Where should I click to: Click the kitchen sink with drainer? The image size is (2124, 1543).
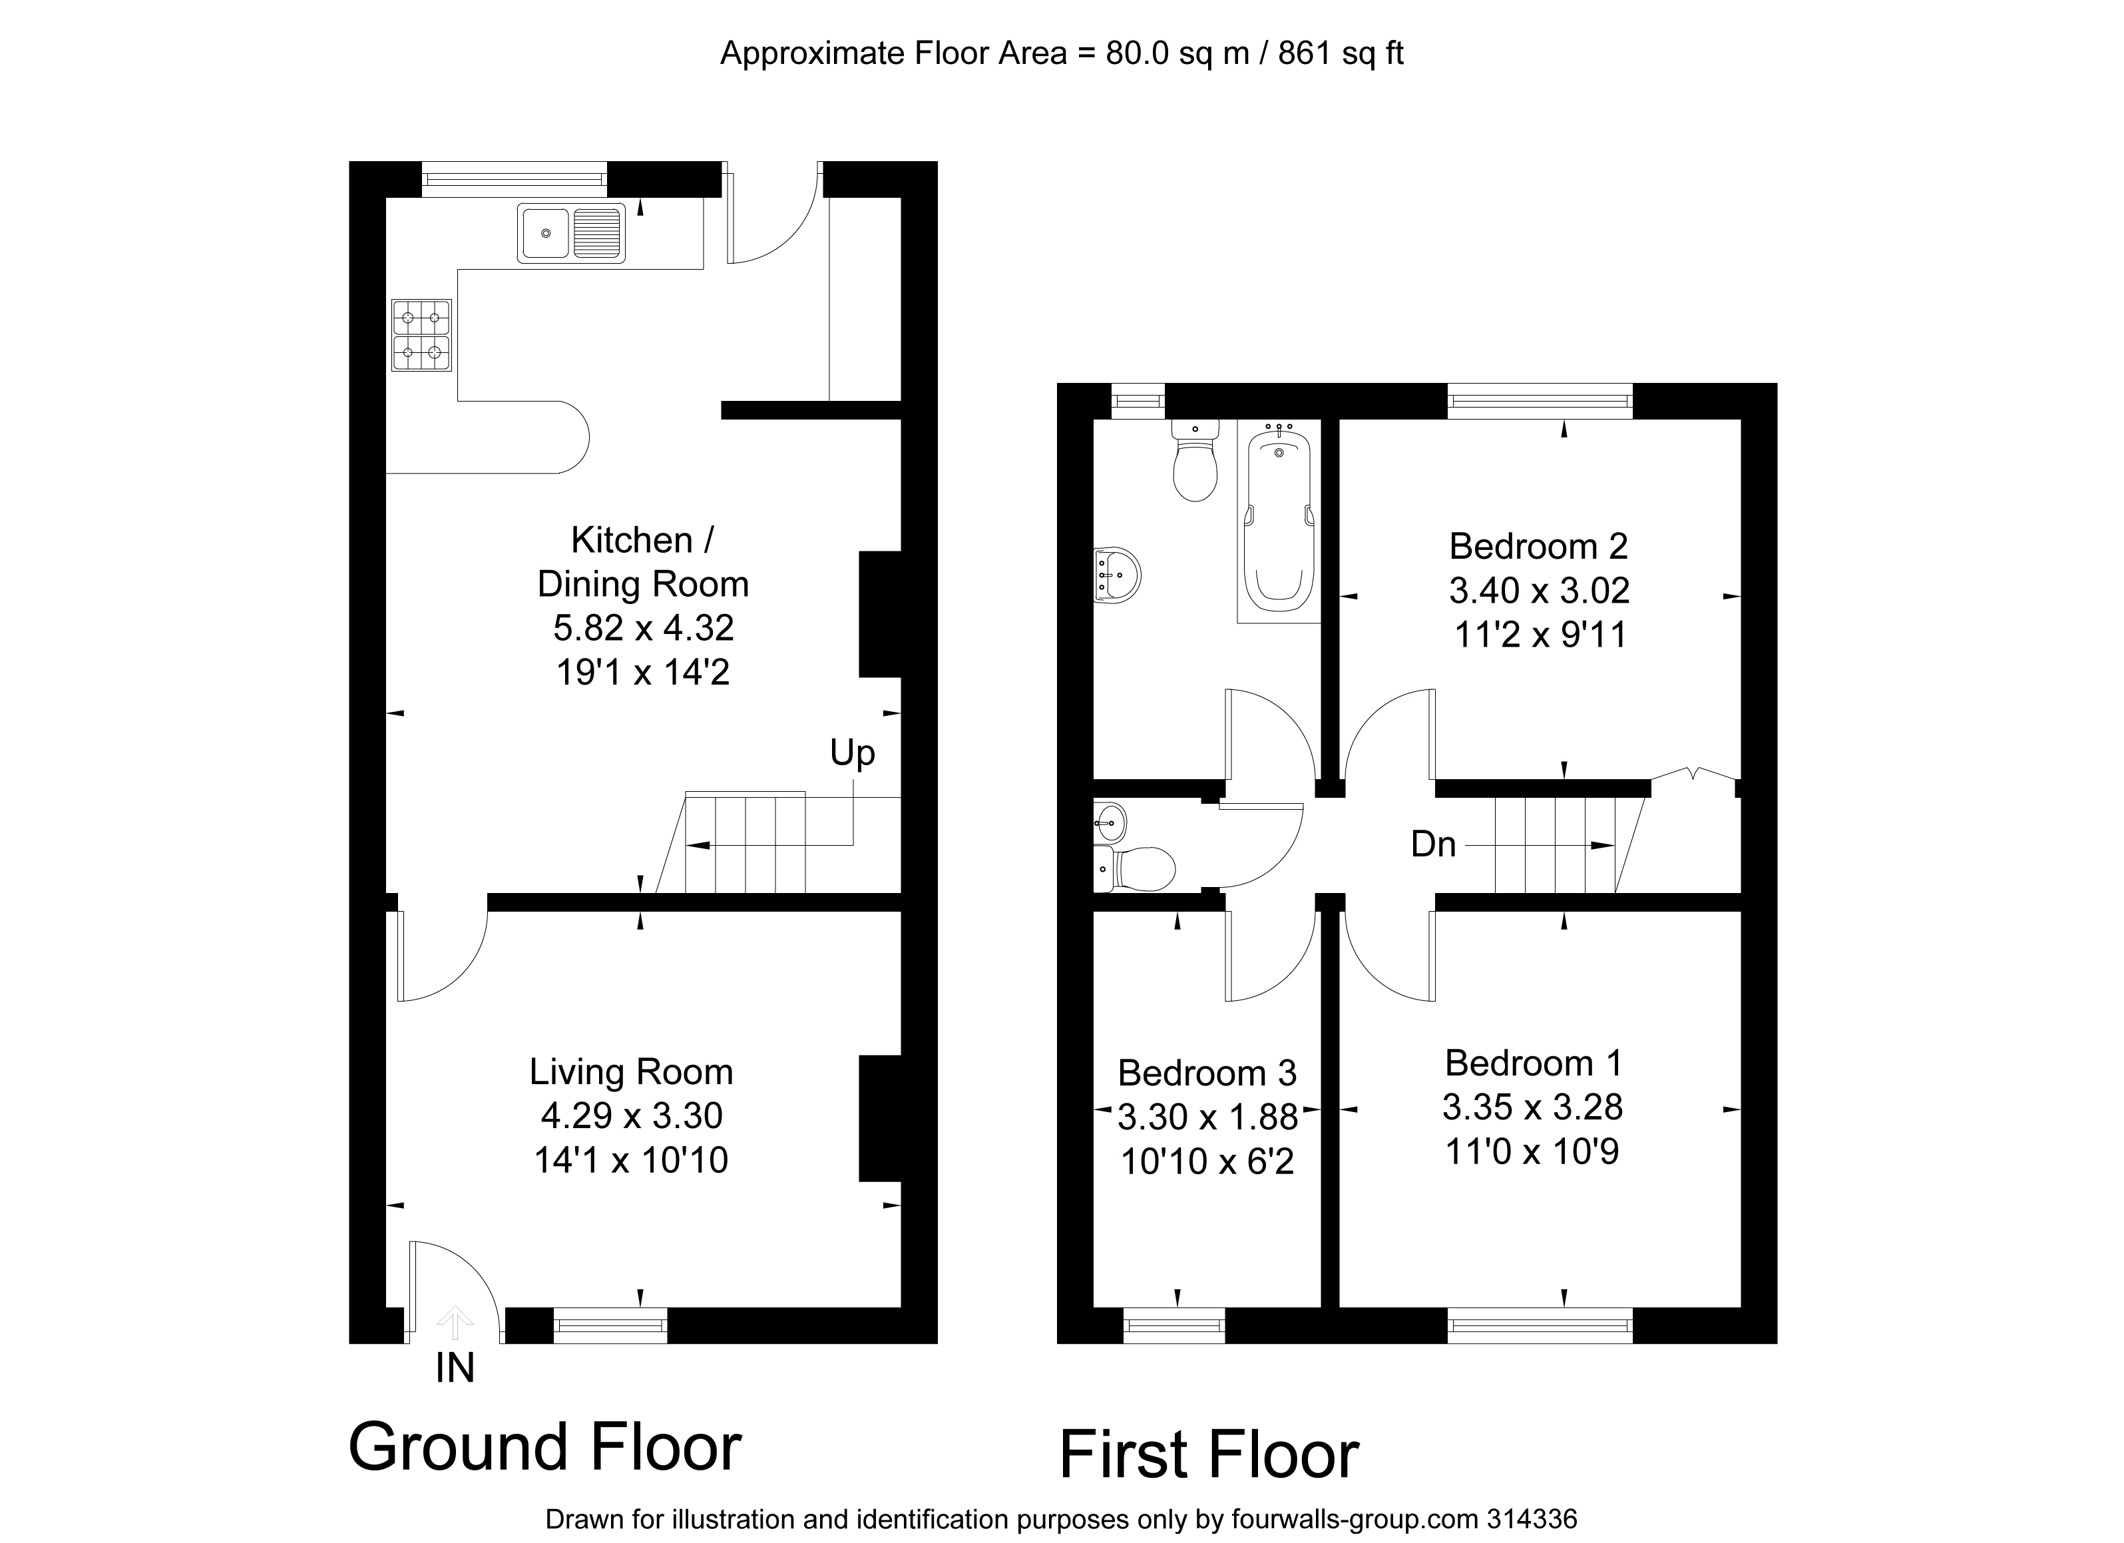tap(570, 232)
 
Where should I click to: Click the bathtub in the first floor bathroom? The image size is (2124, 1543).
tap(1279, 521)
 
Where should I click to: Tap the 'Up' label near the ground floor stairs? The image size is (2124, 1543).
tap(852, 753)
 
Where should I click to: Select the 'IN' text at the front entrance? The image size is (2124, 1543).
tap(455, 1369)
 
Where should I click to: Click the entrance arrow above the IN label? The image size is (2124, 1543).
tap(455, 1322)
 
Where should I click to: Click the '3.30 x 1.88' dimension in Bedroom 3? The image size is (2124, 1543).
tap(1207, 1117)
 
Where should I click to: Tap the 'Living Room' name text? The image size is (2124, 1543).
tap(630, 1072)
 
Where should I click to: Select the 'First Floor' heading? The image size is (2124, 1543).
tap(1208, 1455)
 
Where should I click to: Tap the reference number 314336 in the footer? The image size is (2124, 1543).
tap(1532, 1518)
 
